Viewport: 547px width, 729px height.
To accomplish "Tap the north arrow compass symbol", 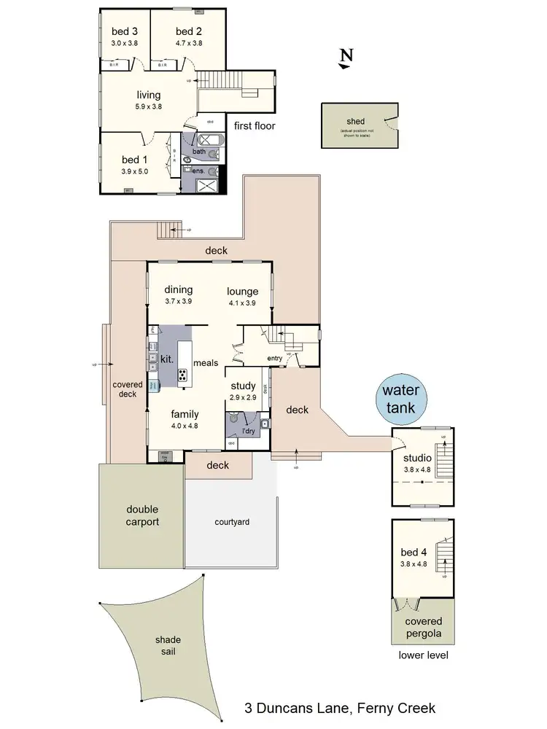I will point(346,58).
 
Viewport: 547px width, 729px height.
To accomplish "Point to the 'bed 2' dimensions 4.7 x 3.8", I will point(188,43).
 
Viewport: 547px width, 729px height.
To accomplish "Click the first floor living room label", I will point(148,95).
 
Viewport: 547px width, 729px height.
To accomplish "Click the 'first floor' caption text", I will point(255,125).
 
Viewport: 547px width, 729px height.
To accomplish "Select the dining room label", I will point(178,289).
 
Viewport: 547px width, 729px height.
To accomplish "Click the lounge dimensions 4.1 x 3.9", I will point(242,302).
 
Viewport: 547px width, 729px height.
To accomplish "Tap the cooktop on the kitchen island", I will point(182,375).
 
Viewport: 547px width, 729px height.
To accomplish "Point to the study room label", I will point(242,386).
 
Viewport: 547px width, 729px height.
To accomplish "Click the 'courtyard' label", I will point(230,522).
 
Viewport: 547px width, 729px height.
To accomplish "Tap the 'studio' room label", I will point(417,458).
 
